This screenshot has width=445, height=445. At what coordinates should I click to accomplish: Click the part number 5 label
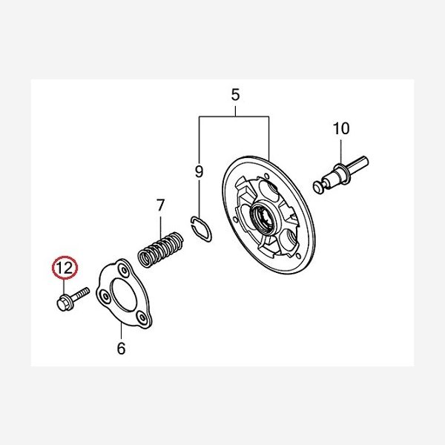tap(235, 94)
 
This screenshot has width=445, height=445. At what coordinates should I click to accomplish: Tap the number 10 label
tap(341, 128)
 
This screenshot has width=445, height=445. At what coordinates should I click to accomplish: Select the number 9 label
tap(200, 171)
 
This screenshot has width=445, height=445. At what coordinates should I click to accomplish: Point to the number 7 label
tap(160, 205)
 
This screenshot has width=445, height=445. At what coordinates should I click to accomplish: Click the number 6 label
tap(121, 349)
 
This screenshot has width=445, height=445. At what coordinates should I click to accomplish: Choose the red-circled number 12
tap(65, 268)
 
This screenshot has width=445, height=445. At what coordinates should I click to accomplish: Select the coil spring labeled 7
tap(161, 249)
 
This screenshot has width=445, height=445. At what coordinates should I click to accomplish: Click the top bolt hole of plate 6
tap(123, 269)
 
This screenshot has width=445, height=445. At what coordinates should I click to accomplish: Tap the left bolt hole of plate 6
tap(105, 297)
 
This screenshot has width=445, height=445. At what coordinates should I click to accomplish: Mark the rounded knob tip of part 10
tap(317, 188)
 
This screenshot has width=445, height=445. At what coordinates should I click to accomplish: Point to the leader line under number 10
tap(341, 151)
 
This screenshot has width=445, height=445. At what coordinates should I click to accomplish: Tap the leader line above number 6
tap(121, 331)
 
